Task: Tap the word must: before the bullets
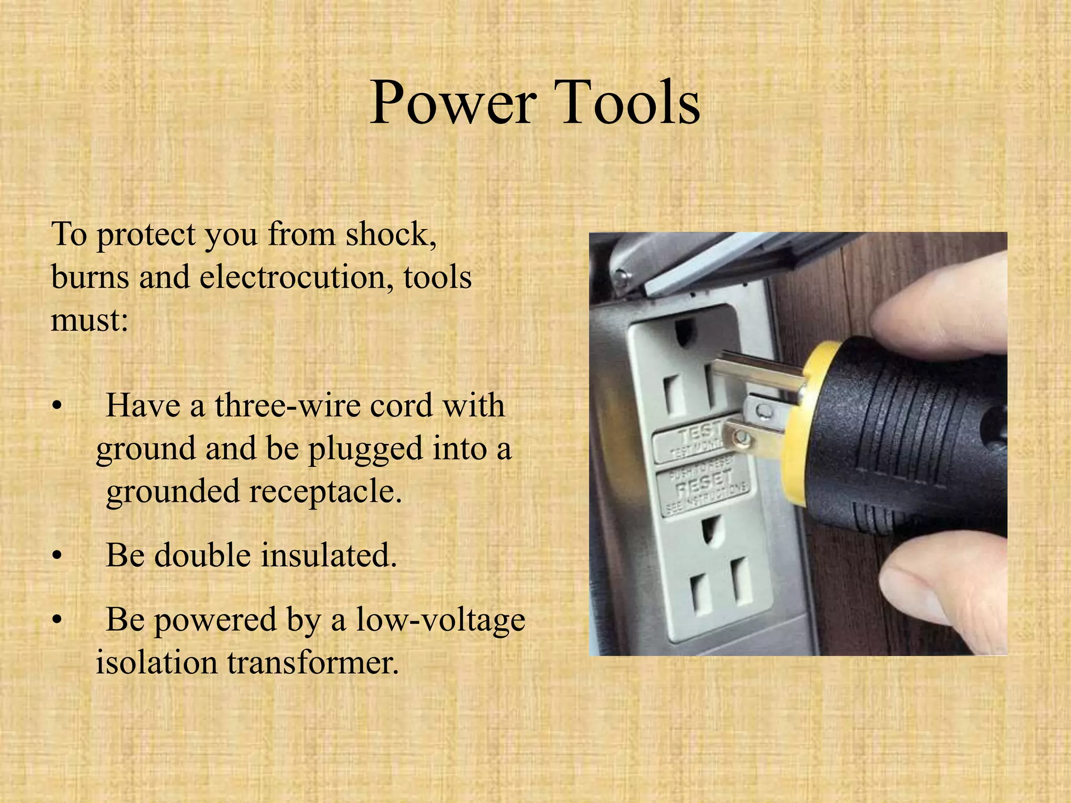tap(89, 319)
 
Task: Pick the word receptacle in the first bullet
tap(325, 492)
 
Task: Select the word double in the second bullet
tap(202, 555)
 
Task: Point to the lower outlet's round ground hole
tap(710, 531)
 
